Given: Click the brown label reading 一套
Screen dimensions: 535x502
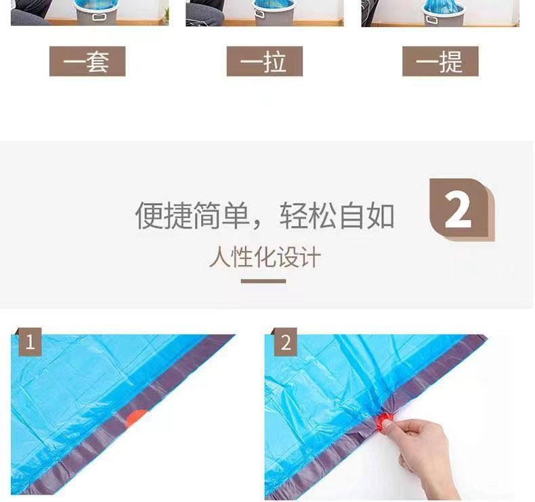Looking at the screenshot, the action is point(87,62).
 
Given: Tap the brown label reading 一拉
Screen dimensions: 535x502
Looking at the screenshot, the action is point(264,62).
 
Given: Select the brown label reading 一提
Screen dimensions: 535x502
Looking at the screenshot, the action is point(440,62).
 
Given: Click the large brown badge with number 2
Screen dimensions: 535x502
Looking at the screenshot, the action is point(462,209).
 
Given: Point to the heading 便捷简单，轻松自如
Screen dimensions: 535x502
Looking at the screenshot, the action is point(265,216).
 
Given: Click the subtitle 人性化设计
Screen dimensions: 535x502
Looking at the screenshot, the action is point(264,257).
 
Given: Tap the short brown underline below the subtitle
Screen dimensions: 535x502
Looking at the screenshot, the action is point(263,281).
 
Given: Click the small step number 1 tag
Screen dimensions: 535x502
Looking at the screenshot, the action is point(30,342).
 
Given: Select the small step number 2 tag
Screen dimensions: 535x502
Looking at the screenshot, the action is point(285,342).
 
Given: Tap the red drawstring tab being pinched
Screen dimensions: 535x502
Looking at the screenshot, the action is point(383,421).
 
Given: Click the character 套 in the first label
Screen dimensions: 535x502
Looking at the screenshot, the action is point(98,62).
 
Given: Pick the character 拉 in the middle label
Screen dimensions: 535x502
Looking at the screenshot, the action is point(275,62).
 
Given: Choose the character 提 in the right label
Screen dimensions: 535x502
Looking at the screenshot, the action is point(451,62).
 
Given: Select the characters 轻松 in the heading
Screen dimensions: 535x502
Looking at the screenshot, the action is point(308,216).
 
